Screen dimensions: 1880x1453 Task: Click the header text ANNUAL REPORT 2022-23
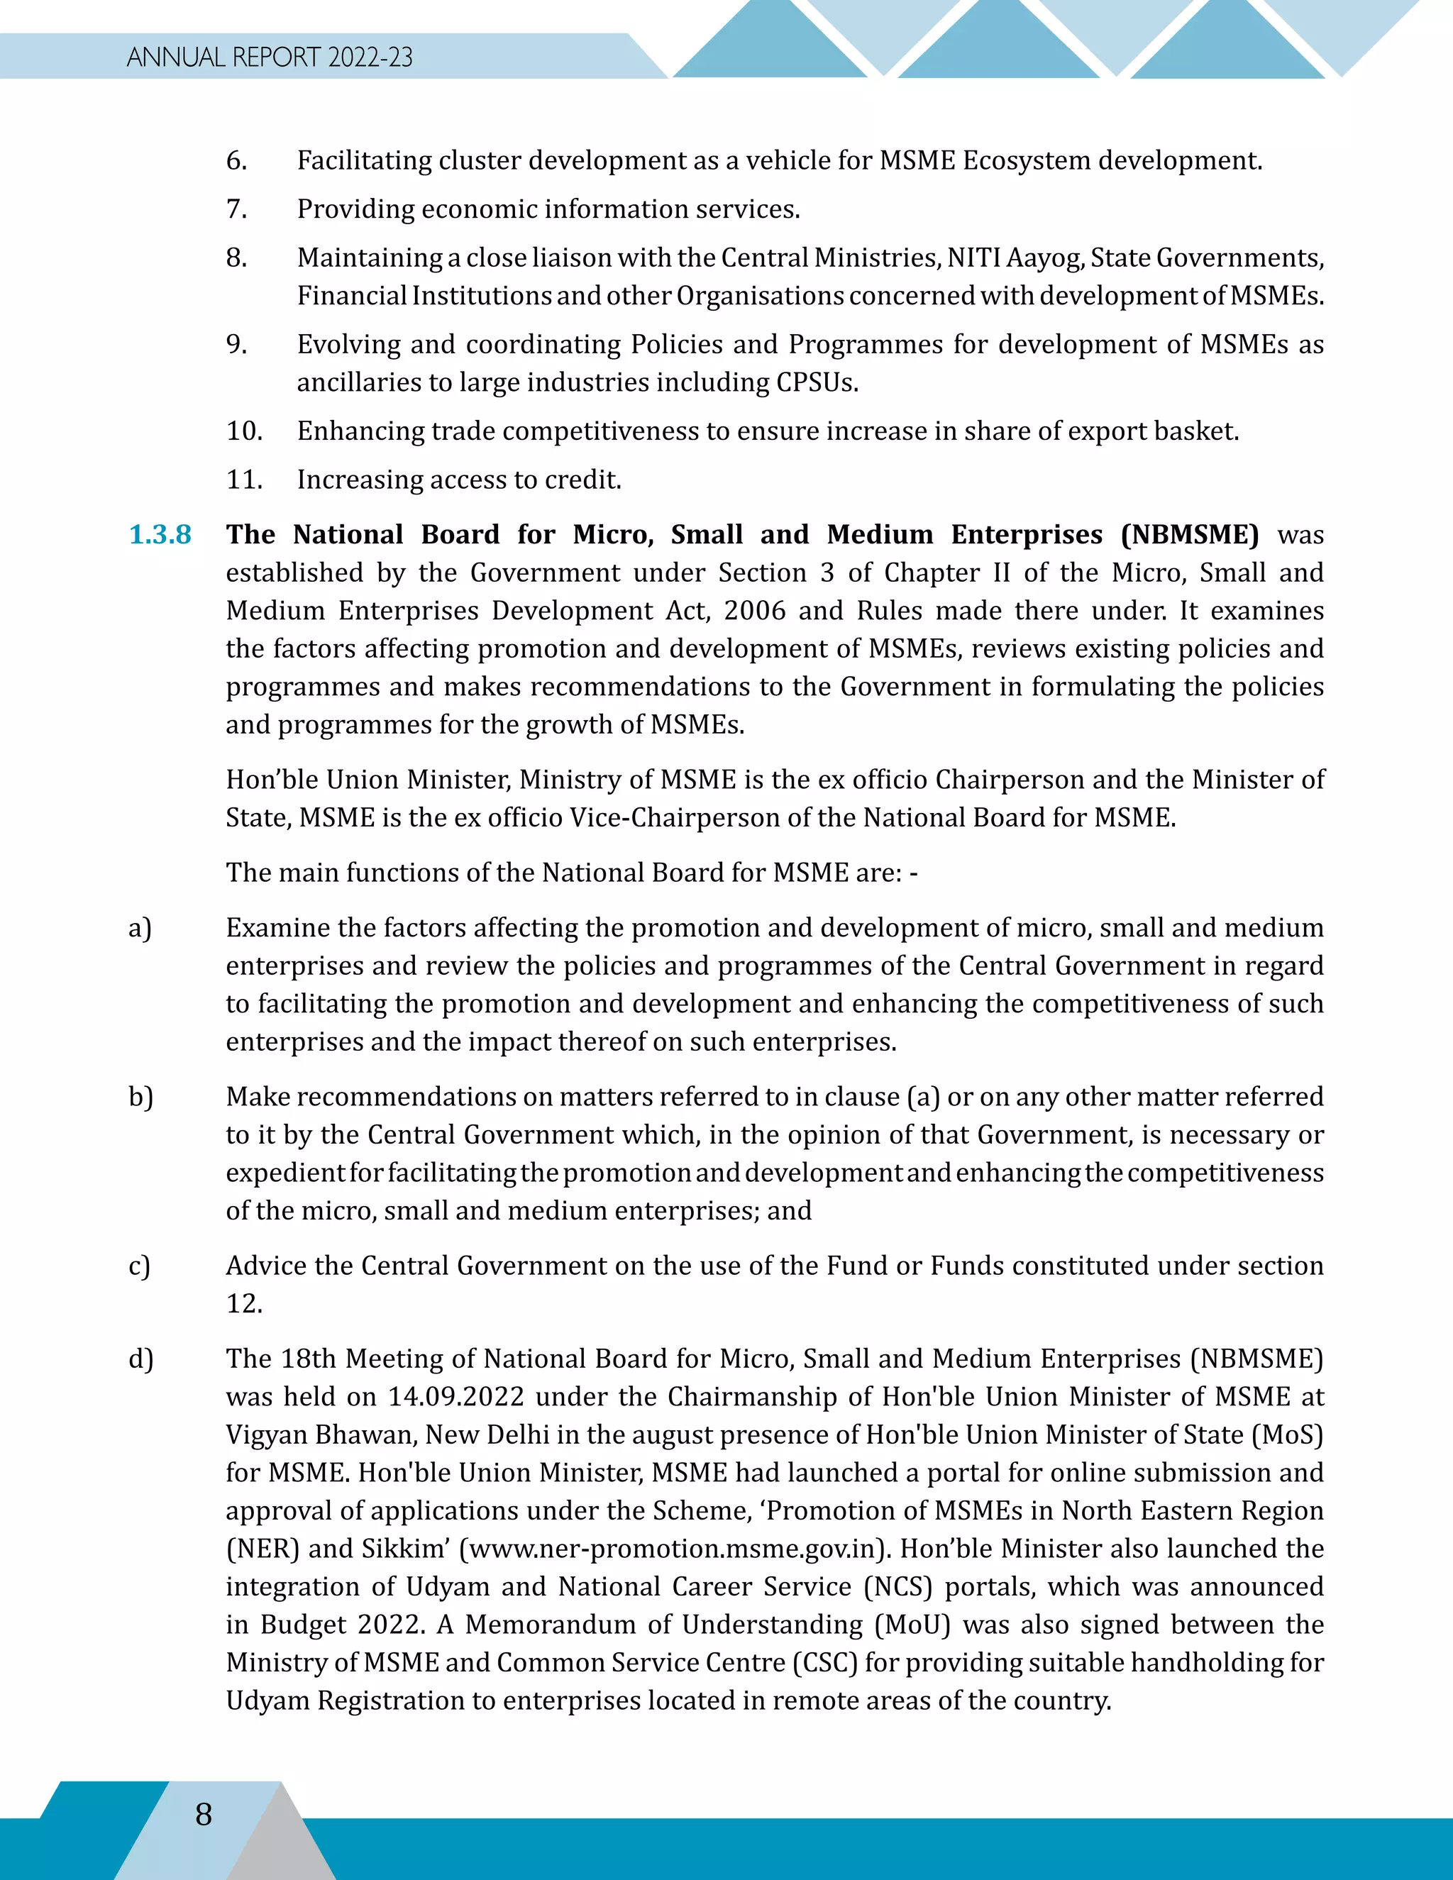click(270, 57)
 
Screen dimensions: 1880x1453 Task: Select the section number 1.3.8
click(160, 535)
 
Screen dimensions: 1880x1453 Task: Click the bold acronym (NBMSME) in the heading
click(1190, 535)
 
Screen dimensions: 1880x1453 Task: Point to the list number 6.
click(236, 161)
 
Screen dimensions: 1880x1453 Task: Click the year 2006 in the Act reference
click(755, 610)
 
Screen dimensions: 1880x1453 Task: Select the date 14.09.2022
click(456, 1396)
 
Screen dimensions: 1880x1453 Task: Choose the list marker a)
click(140, 928)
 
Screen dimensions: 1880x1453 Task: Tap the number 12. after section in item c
click(243, 1303)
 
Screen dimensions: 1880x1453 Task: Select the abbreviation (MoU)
click(912, 1625)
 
